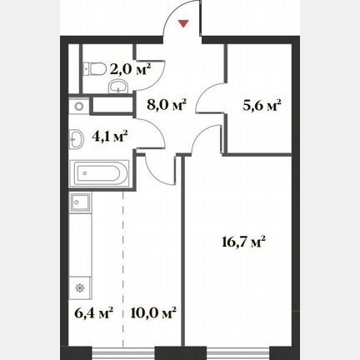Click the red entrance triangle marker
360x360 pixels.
tap(183, 24)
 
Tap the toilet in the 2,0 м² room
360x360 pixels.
tap(94, 68)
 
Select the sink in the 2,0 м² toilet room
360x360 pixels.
tap(118, 86)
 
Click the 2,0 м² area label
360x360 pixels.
tap(130, 69)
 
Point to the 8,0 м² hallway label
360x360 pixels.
tap(166, 105)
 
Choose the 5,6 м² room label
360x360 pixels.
tap(262, 105)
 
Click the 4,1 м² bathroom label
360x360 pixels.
tap(109, 137)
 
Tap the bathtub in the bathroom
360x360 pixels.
tap(99, 173)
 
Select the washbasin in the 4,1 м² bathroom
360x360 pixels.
tap(77, 139)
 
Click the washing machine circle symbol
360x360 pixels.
tap(79, 106)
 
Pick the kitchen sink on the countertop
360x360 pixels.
tap(80, 202)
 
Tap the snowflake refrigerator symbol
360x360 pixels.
tap(80, 288)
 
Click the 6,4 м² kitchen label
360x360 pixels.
tap(94, 313)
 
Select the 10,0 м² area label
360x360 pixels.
tap(153, 313)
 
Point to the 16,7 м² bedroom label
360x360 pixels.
tap(244, 242)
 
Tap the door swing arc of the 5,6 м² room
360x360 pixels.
tap(204, 92)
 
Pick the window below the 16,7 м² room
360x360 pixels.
tap(237, 353)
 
